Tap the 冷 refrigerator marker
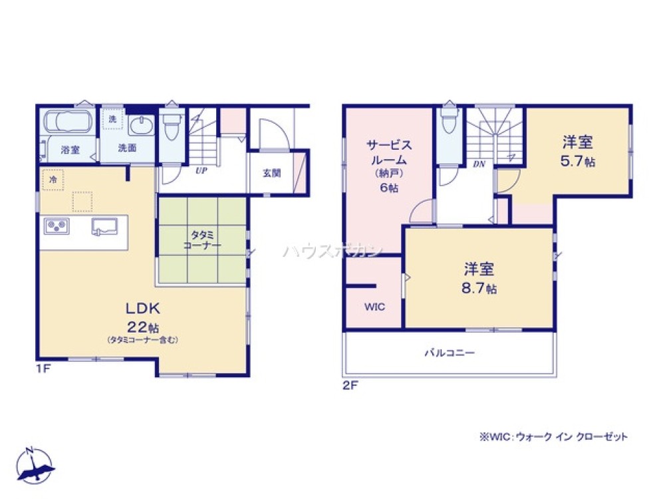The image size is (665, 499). pyautogui.click(x=51, y=180)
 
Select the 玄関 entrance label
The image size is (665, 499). pyautogui.click(x=271, y=173)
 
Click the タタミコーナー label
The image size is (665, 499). pyautogui.click(x=202, y=240)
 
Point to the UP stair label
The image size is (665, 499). pyautogui.click(x=199, y=170)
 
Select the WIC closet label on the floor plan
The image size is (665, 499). pyautogui.click(x=373, y=307)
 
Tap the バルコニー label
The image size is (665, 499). pyautogui.click(x=450, y=353)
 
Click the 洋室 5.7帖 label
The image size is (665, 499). pyautogui.click(x=577, y=151)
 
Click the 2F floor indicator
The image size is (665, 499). pyautogui.click(x=350, y=385)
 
